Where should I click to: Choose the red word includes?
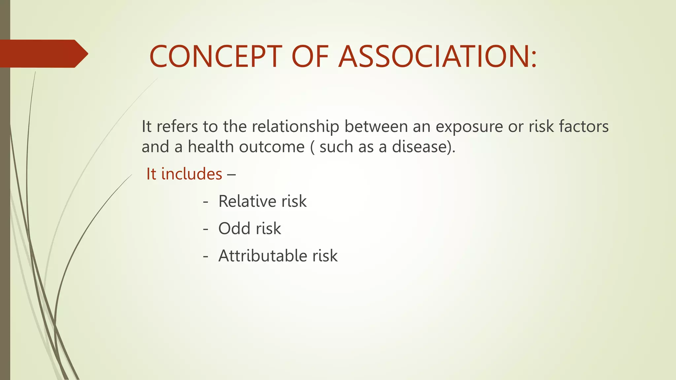191,174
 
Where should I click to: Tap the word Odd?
234,228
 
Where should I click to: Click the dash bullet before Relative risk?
206,202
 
